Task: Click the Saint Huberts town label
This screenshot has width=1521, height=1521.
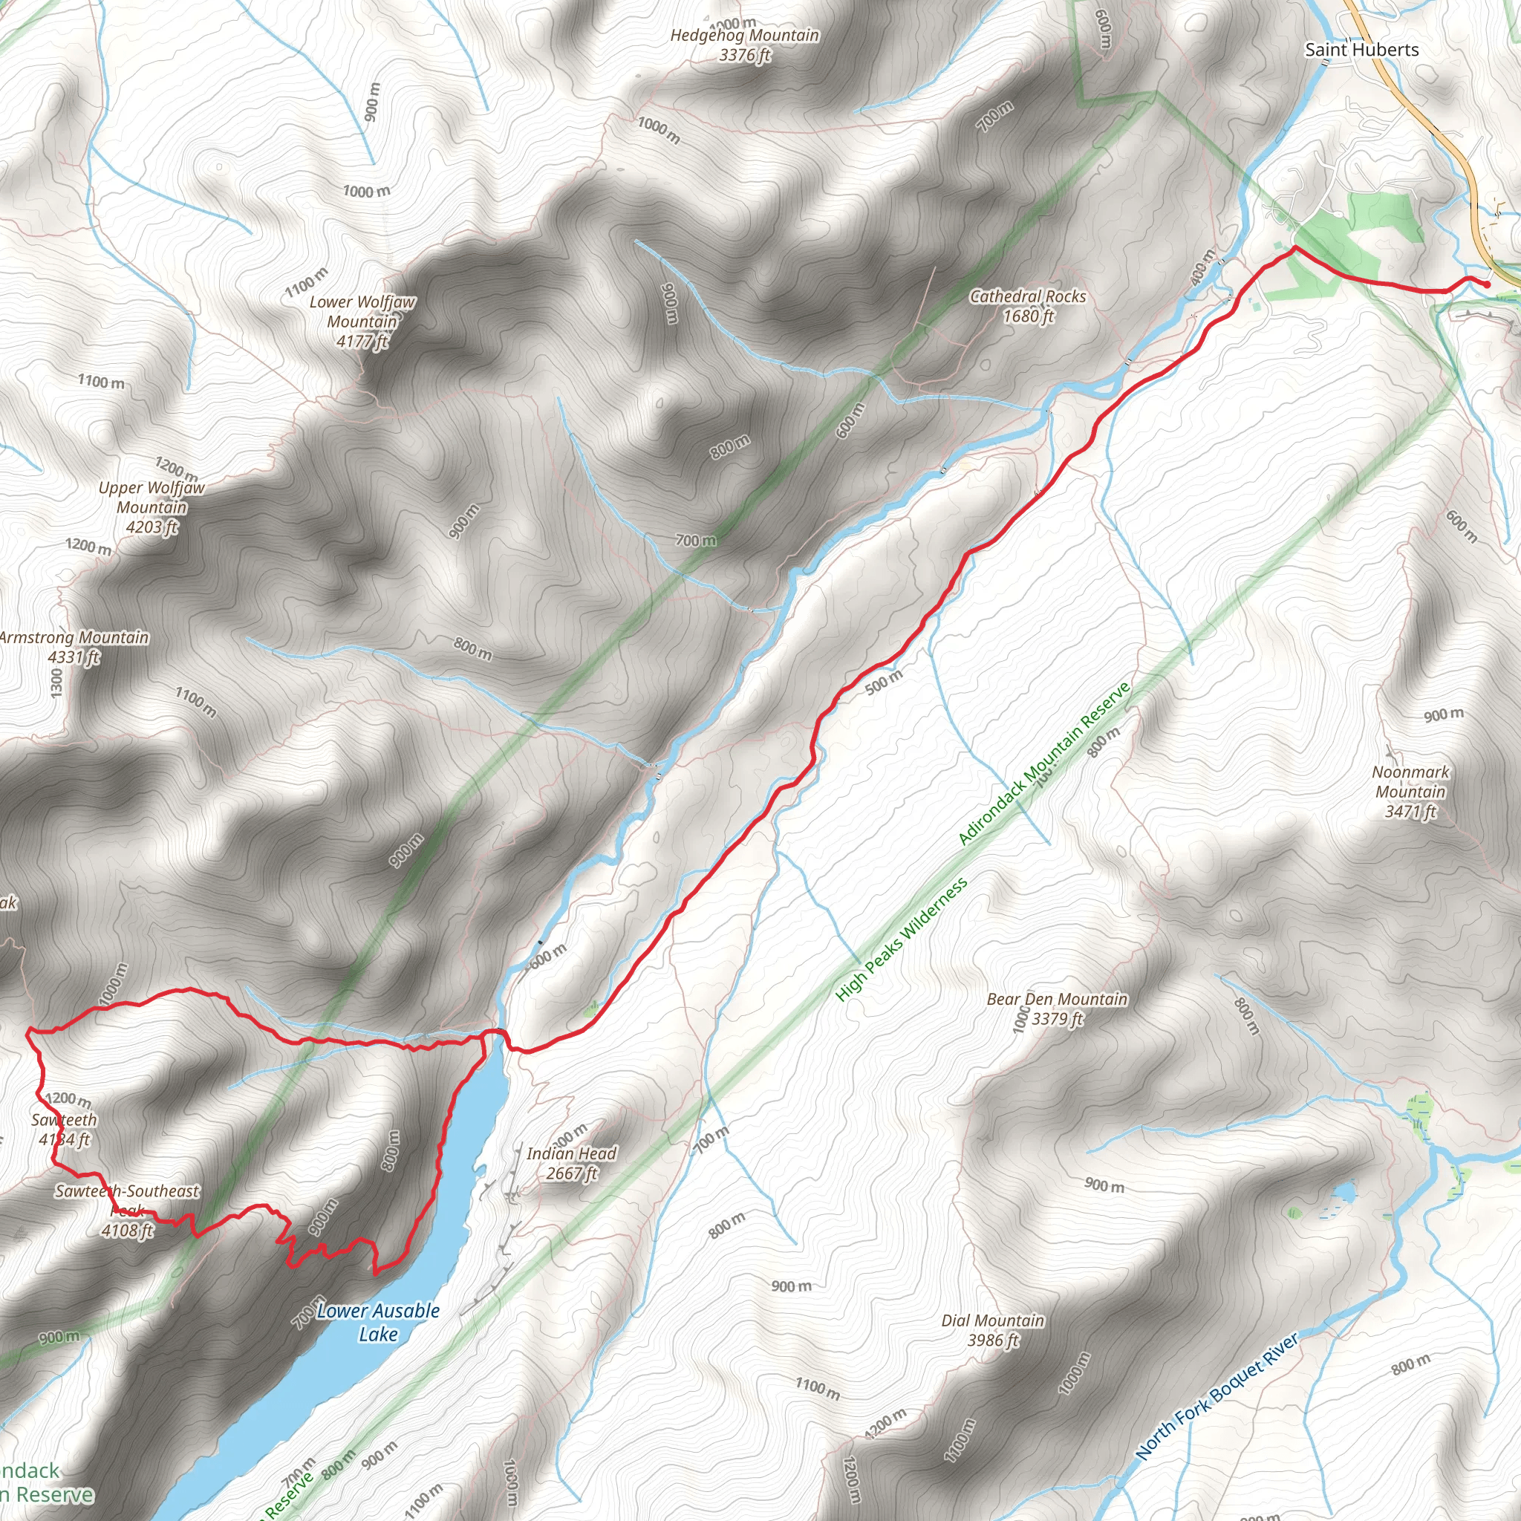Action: pyautogui.click(x=1361, y=50)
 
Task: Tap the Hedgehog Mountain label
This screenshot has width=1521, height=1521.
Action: pyautogui.click(x=744, y=36)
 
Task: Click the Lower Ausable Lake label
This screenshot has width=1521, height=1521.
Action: pyautogui.click(x=378, y=1322)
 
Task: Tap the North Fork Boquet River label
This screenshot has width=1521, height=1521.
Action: pyautogui.click(x=1217, y=1398)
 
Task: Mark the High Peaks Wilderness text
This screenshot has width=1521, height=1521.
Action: pyautogui.click(x=902, y=940)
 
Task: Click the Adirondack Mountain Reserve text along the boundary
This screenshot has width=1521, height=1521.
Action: pyautogui.click(x=1044, y=763)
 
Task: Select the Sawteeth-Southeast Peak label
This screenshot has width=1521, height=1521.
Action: pyautogui.click(x=127, y=1200)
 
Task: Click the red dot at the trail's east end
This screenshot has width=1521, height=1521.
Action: pyautogui.click(x=1486, y=285)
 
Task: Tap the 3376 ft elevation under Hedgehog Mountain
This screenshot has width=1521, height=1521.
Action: pyautogui.click(x=744, y=55)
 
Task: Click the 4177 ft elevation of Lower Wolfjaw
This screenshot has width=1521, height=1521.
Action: pyautogui.click(x=362, y=341)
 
